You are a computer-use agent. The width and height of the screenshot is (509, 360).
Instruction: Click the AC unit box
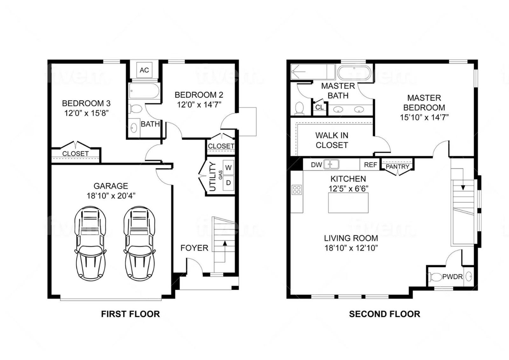[x=144, y=70]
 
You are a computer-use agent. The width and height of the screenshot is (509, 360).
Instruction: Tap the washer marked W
[x=228, y=168]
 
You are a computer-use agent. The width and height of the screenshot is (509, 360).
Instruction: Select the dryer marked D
[x=228, y=183]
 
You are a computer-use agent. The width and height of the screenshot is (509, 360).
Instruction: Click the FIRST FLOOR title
[x=130, y=314]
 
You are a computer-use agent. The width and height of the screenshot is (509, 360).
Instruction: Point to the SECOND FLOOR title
[x=385, y=314]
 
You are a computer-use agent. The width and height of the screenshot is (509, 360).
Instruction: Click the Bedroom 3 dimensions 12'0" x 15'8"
[x=86, y=113]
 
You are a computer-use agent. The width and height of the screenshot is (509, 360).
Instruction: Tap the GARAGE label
[x=111, y=186]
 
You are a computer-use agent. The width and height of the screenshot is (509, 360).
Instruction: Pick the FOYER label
[x=194, y=248]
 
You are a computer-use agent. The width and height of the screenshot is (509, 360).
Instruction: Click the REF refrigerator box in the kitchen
[x=370, y=165]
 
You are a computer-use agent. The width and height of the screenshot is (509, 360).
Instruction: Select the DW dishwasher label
[x=316, y=165]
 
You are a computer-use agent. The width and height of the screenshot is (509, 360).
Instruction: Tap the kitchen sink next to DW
[x=331, y=164]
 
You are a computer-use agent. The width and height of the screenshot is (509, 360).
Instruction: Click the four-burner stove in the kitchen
[x=297, y=190]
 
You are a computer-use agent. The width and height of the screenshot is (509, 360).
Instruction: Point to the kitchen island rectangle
[x=348, y=203]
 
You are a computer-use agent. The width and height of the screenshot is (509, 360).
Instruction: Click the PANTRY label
[x=397, y=167]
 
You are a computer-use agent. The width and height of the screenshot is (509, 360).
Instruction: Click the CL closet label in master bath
[x=319, y=107]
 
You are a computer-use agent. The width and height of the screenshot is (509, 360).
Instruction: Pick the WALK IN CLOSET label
[x=332, y=140]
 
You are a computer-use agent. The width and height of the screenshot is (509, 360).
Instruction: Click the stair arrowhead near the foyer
[x=225, y=243]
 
